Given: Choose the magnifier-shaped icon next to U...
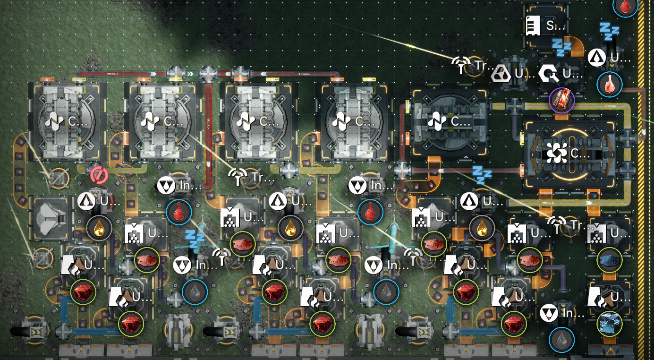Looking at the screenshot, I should point(549,73).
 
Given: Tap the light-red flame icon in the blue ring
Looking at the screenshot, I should point(610,84).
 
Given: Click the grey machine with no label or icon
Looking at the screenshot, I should point(50,219).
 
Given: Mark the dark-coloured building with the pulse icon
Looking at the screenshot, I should point(449,121).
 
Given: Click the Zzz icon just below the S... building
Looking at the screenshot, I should point(562,47).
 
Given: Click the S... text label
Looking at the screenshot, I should point(551,26).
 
